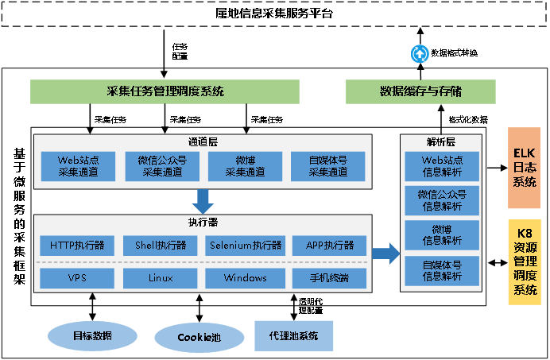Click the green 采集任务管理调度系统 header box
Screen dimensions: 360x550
(165, 91)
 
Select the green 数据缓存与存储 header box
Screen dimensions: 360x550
(420, 91)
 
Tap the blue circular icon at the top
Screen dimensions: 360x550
(420, 53)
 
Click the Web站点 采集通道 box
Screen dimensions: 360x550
(77, 166)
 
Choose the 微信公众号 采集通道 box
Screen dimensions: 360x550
(161, 166)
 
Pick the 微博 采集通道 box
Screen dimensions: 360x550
(245, 166)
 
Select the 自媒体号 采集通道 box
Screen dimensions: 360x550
(328, 166)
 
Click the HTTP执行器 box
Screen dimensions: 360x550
(77, 246)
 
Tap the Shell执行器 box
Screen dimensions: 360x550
(161, 246)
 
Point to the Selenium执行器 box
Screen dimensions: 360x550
(246, 246)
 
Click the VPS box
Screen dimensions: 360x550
(77, 278)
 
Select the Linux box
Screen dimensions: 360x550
(161, 278)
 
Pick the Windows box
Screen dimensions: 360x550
(246, 278)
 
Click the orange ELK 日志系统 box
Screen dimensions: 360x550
(524, 169)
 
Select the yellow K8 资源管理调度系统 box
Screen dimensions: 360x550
(524, 262)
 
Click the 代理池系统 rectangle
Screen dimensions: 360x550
(293, 336)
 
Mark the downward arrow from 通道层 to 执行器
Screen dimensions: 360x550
(203, 201)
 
